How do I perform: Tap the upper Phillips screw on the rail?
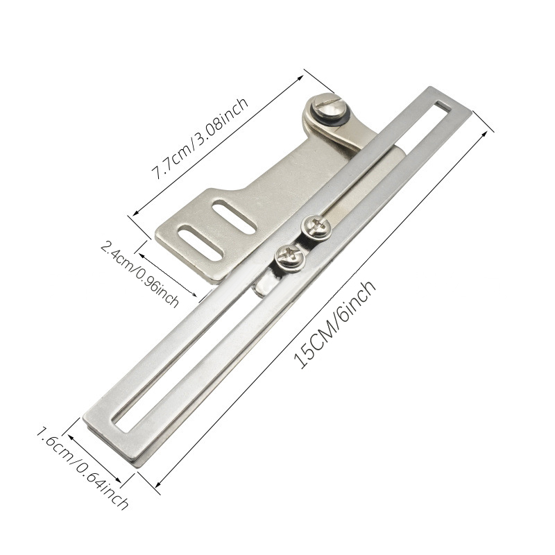click(x=316, y=227)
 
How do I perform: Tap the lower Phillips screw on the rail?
click(x=290, y=257)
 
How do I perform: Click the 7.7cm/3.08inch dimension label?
click(x=200, y=138)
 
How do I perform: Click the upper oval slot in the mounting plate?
click(x=234, y=216)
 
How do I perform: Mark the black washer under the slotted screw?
click(x=333, y=117)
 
